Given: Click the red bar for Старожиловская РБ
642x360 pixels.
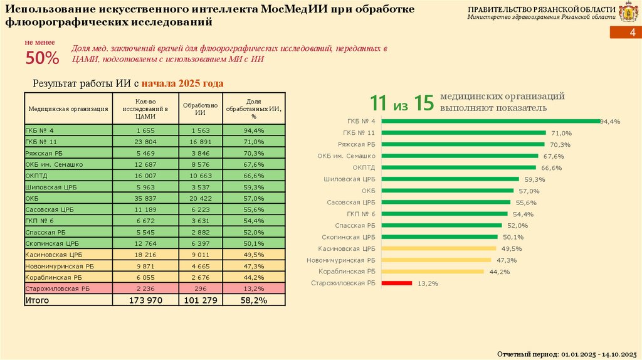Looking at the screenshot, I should tap(396, 283).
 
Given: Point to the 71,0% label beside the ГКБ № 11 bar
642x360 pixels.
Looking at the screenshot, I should tap(561, 133).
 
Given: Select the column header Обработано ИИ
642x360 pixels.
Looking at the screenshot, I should tap(201, 109).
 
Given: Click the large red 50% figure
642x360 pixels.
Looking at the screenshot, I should tap(42, 58).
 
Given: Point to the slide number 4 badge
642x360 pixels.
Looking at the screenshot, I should tap(632, 33).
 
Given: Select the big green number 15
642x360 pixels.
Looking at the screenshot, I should tap(424, 103).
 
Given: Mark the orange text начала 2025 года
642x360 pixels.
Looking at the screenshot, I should tap(182, 83).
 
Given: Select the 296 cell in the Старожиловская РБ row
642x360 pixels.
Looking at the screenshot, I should tap(201, 289).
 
